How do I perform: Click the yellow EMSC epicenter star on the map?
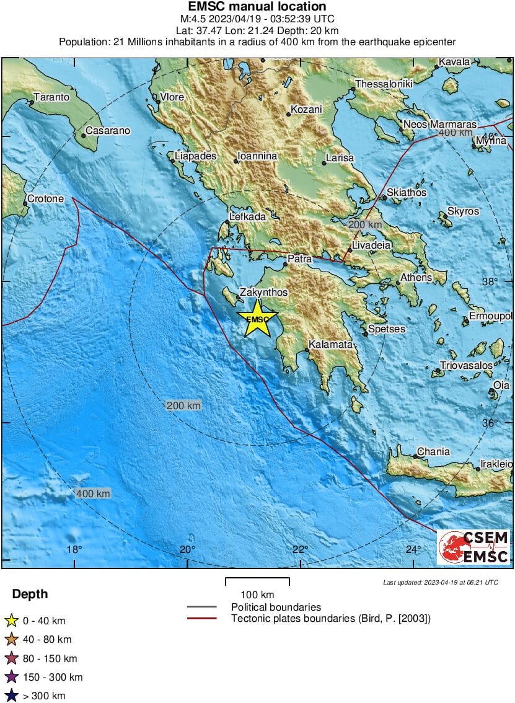click(257, 319)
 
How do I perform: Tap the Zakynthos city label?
click(263, 291)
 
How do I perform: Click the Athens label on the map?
click(416, 277)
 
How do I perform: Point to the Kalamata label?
click(331, 344)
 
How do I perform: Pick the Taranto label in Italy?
click(51, 97)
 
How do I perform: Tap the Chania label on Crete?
click(433, 451)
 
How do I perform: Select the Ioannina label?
click(257, 156)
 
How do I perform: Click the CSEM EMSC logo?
click(474, 546)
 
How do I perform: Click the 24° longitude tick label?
click(413, 549)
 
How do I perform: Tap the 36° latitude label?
click(490, 423)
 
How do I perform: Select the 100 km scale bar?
click(257, 581)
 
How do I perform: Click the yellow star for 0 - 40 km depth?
click(11, 621)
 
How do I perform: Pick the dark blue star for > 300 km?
click(11, 696)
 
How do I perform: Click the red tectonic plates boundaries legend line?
click(201, 618)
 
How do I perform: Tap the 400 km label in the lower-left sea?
click(93, 493)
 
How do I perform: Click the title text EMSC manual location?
click(257, 7)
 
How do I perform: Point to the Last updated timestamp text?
click(440, 583)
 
